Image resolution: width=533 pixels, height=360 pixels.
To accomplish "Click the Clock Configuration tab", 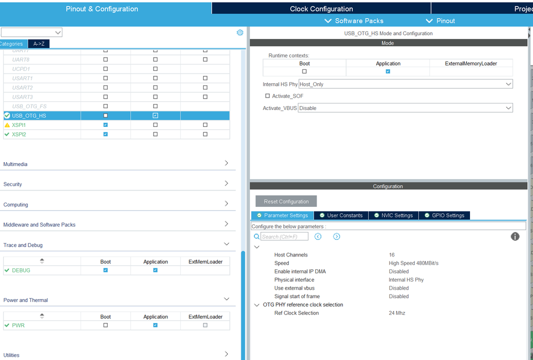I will (x=321, y=9).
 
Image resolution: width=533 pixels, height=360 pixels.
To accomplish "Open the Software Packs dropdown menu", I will (x=354, y=21).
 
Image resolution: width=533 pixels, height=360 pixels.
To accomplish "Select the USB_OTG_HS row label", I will (x=29, y=116).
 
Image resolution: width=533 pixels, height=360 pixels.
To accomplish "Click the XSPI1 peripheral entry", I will (x=19, y=125).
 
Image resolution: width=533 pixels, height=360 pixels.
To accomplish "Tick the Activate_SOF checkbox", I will (x=268, y=96).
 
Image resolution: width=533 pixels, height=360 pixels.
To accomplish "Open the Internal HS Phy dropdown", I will (x=405, y=84).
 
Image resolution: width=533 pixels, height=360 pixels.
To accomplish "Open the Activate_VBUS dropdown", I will (x=405, y=108).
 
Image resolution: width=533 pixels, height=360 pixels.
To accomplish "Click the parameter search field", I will (x=284, y=237).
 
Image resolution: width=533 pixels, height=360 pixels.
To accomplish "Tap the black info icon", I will (x=515, y=236).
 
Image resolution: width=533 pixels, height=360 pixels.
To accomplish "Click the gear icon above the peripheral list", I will (x=240, y=33).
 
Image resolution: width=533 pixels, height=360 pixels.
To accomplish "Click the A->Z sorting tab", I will (x=39, y=44).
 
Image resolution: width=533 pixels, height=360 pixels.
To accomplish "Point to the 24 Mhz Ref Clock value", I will (x=397, y=313).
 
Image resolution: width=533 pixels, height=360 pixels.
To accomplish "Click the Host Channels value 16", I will (x=392, y=255).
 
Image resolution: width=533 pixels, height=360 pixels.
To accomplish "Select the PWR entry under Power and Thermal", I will (x=18, y=325).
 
